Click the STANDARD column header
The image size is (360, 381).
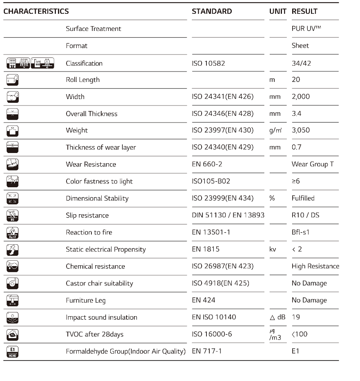coord(212,12)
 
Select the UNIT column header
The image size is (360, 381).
coord(278,12)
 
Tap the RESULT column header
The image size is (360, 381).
coord(304,12)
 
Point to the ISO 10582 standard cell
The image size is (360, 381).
coord(209,63)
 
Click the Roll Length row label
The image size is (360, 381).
coord(82,80)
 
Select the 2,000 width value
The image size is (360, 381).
coord(300,97)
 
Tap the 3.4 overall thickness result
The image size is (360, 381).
coord(296,114)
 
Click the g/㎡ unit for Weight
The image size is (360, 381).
coord(275,131)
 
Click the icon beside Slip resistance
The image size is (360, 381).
coord(12,215)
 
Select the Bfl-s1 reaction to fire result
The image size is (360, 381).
coord(300,232)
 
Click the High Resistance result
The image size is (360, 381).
coord(315,266)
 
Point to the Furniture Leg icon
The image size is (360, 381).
coord(12,300)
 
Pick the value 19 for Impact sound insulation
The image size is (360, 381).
coord(296,317)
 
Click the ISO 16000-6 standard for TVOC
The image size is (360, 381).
coord(212,334)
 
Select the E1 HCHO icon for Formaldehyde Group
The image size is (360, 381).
coord(12,351)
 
